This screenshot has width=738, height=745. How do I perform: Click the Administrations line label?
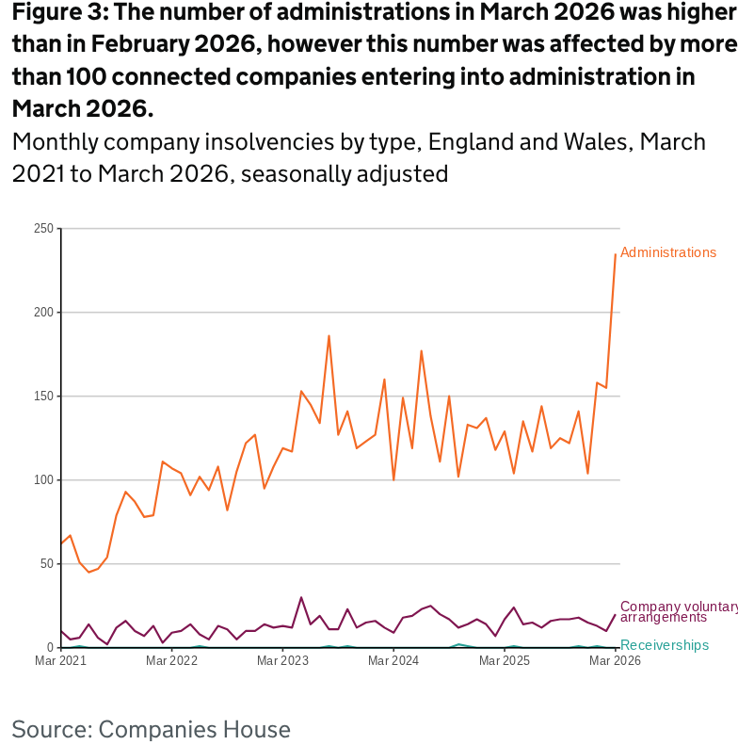668,252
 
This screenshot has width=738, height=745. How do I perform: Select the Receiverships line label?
665,645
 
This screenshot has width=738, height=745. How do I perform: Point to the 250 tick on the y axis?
42,229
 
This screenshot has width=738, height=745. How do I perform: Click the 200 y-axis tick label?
42,313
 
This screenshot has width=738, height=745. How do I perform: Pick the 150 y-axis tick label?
42,397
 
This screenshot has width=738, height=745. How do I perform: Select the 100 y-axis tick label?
42,480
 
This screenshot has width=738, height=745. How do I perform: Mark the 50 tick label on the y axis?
45,564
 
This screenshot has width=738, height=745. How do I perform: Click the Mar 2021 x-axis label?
61,661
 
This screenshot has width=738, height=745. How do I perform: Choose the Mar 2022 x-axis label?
172,661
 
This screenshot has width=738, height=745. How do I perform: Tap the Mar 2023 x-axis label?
282,661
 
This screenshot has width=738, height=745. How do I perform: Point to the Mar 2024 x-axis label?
393,661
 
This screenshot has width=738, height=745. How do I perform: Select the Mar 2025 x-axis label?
505,661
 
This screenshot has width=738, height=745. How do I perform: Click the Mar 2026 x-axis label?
615,661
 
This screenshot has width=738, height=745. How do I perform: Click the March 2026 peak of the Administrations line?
616,254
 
